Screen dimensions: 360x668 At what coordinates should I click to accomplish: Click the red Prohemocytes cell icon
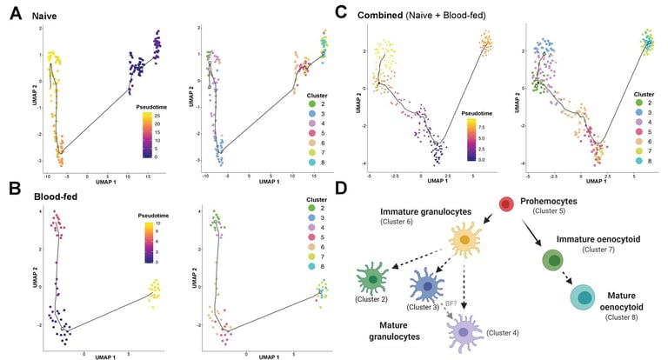pyautogui.click(x=505, y=205)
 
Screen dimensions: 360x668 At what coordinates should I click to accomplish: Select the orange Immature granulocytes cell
pyautogui.click(x=464, y=239)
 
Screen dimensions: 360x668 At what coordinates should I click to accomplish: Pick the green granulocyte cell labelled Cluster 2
pyautogui.click(x=374, y=280)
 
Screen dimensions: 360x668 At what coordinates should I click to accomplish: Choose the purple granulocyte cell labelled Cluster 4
pyautogui.click(x=463, y=332)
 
